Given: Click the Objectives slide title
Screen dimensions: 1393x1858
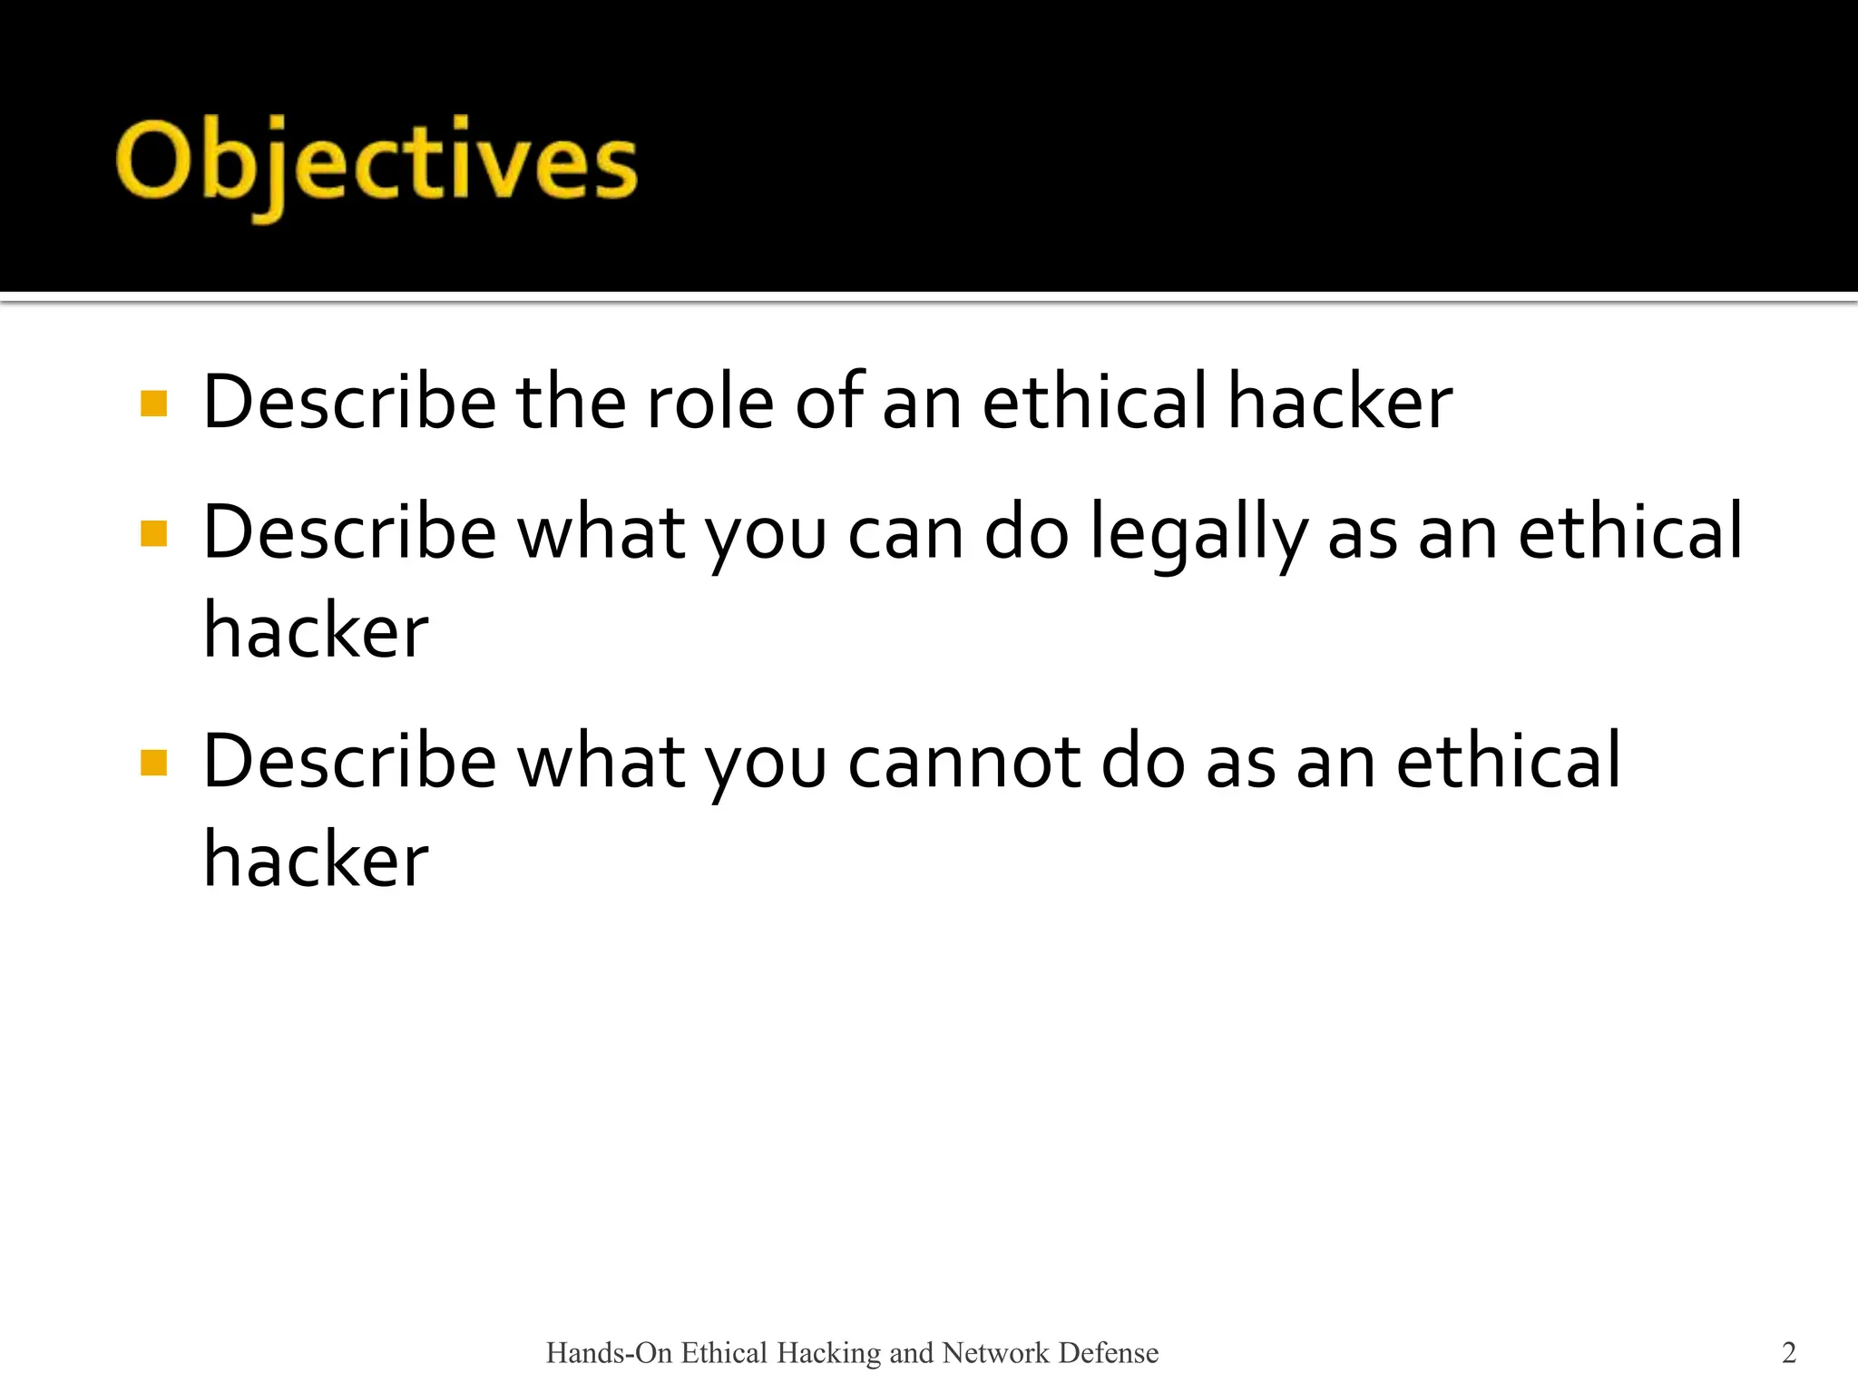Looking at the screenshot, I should (x=376, y=163).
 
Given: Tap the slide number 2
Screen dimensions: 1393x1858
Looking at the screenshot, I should (x=1788, y=1352).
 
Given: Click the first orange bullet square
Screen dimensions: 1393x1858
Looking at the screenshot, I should (x=154, y=404).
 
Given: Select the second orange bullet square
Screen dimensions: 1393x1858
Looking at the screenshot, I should (x=154, y=534).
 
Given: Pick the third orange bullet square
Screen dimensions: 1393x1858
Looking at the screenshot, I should (x=154, y=764).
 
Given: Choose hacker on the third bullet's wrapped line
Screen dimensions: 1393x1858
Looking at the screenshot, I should (x=316, y=859).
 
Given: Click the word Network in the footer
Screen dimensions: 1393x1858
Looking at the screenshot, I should (x=995, y=1353).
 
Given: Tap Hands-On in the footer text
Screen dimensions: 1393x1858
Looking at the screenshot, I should (x=609, y=1353).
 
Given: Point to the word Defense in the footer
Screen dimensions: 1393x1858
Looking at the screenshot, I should (x=1109, y=1353).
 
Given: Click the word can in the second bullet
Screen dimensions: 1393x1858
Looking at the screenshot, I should (x=905, y=535).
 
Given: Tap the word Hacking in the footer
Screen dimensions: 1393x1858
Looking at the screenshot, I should (x=829, y=1353).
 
